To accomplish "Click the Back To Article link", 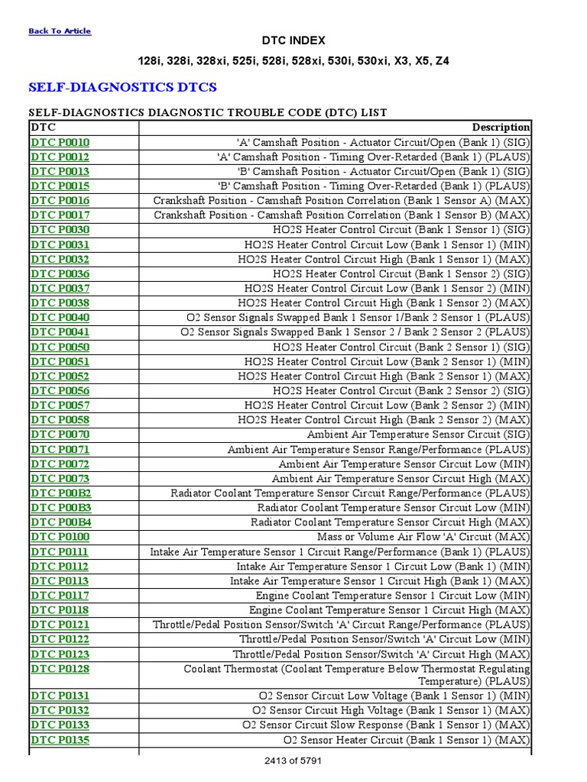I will (59, 31).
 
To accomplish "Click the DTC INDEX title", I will (293, 40).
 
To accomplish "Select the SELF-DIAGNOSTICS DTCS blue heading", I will (122, 87).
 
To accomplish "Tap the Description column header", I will (501, 128).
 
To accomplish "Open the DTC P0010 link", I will (60, 142).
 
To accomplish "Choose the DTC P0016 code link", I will (60, 200).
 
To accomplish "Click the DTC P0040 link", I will (60, 318).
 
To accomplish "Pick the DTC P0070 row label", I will (60, 435).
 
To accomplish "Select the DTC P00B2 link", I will (60, 493).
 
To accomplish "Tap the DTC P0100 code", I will (60, 537).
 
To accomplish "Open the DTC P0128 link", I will (60, 669).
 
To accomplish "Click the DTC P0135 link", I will (60, 740).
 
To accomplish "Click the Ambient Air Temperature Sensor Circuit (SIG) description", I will (418, 435).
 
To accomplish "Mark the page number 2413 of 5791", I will (293, 761).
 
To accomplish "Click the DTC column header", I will (43, 128).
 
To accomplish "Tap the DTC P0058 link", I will (60, 420).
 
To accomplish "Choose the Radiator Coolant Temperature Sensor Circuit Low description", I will (393, 508).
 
